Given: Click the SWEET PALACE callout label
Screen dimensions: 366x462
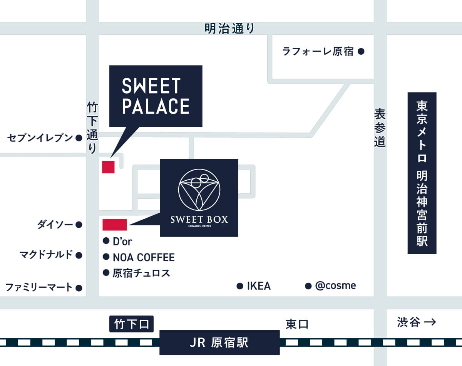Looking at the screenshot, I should click(x=156, y=96).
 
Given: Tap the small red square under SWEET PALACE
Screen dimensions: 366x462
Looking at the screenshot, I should click(x=108, y=167).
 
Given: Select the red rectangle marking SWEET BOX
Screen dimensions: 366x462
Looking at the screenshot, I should click(x=114, y=225).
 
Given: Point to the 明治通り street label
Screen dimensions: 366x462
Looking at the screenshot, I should click(x=229, y=29).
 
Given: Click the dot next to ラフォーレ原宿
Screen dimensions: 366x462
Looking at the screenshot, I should click(x=361, y=51).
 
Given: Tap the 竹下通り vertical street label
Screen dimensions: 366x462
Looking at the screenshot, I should click(x=92, y=127).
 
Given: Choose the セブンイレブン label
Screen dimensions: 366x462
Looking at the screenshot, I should click(x=40, y=138).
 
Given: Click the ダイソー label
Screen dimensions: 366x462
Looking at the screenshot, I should click(x=55, y=224).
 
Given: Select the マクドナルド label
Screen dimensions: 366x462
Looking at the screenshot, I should click(x=46, y=255).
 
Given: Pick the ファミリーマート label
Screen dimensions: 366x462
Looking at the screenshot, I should click(x=39, y=287).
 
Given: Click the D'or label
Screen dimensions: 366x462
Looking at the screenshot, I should click(x=122, y=242).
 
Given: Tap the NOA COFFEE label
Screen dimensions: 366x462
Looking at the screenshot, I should click(x=144, y=257).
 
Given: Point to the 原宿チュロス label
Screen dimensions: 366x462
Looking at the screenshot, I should click(x=141, y=273).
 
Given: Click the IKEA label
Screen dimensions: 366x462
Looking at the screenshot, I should click(x=259, y=286).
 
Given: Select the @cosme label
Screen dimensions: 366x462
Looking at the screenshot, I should click(x=335, y=285).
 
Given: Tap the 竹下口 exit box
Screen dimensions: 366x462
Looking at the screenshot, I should click(x=131, y=324).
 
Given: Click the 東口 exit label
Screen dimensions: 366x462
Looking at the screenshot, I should click(x=297, y=324).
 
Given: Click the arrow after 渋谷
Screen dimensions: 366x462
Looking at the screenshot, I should click(x=429, y=322).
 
